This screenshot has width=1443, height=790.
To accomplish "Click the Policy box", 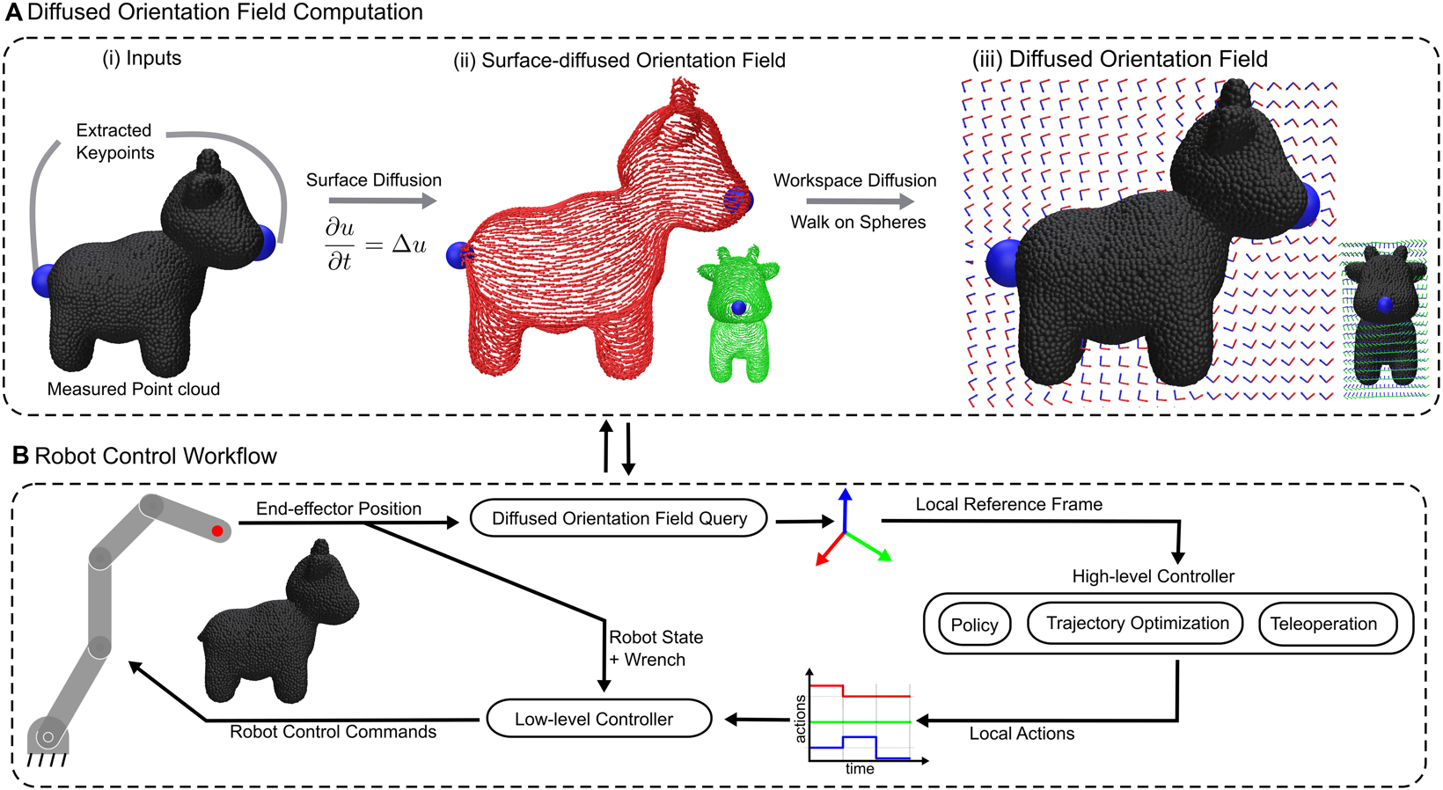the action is point(974,624).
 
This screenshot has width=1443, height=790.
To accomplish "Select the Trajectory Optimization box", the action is point(1135,623).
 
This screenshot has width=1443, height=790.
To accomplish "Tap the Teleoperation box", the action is point(1328,624).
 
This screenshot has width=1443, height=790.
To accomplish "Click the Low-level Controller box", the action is point(598,719).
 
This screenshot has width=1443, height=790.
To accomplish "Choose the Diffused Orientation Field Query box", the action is point(619,518).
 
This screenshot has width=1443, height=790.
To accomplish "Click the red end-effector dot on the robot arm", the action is point(217,530).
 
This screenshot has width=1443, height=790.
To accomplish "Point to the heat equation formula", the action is point(375,244).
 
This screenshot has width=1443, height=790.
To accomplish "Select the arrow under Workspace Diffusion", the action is point(860,201).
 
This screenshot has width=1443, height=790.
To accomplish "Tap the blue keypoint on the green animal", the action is point(739,308).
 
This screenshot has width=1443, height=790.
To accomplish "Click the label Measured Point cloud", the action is point(134,389).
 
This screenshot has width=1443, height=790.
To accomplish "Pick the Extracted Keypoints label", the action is point(114,142).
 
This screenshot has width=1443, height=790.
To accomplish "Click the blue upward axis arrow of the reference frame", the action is point(846,510).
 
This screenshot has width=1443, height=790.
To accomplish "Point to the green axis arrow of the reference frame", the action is point(869,546).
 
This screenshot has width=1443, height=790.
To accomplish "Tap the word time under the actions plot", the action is point(860,769).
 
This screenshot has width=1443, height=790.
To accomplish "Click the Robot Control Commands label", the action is point(333,732).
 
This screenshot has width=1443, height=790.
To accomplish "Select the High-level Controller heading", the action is point(1154,576).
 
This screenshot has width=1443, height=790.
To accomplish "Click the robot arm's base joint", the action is point(47,736).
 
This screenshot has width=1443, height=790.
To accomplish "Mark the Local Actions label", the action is point(1022,734).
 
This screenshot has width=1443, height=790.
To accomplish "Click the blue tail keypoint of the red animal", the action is point(458,255).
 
